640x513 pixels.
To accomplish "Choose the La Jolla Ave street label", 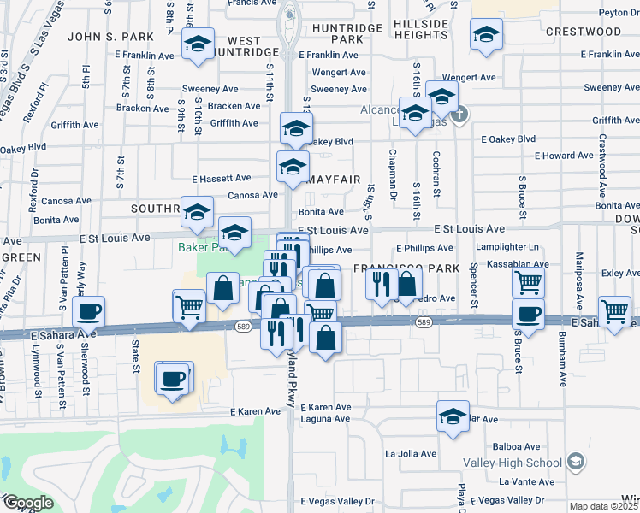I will pos(411,454).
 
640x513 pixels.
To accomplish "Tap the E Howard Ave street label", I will pos(563,156).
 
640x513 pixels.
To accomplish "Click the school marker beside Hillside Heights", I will pos(486,34).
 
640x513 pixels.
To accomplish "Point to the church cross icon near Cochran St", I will pos(459,114).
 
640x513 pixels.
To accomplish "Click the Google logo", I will pos(27,503).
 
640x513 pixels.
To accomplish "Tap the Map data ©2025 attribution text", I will pos(604,507).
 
